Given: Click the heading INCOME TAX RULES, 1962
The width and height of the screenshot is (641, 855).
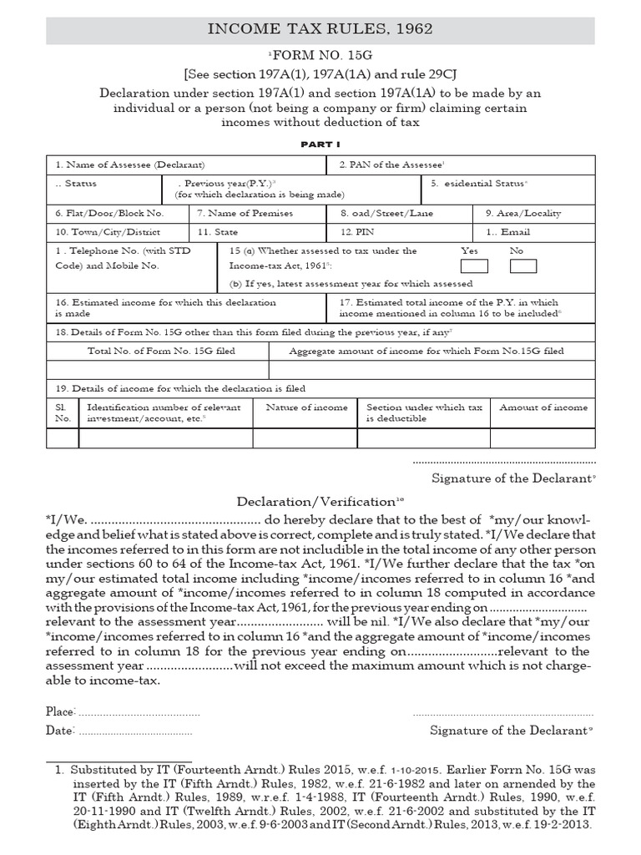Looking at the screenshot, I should coord(320,29).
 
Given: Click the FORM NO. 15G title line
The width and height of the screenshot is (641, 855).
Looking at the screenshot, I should coord(320,54).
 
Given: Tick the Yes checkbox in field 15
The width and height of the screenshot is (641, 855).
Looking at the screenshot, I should coord(474,266).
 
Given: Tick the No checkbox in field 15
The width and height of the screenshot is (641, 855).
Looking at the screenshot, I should coord(523,266).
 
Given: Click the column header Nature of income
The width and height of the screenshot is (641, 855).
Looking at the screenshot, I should coord(306,407).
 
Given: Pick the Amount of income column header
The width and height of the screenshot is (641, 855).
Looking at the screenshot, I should coord(543,407).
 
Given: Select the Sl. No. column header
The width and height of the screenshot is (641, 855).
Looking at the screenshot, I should coord(63,413).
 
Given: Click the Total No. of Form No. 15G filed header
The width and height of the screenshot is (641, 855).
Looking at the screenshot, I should coord(161,352).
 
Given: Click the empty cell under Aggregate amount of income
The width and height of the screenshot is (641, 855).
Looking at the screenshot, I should coord(432,369).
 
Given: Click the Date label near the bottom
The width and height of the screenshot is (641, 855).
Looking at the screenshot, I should coord(59,730).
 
